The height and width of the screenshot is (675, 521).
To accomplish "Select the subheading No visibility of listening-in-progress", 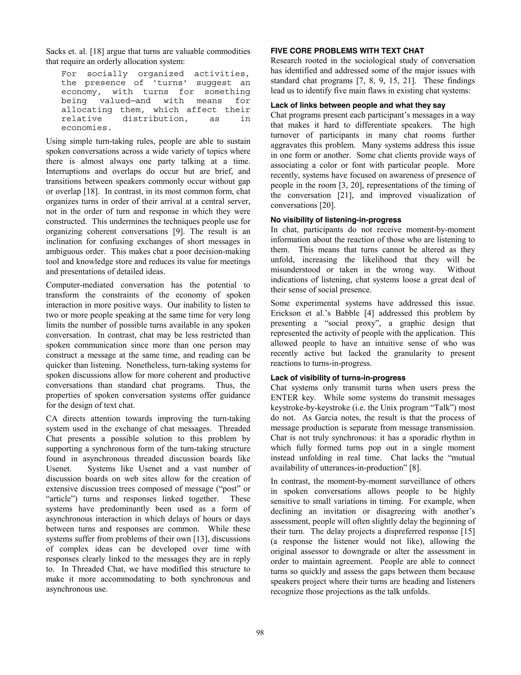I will point(336,220).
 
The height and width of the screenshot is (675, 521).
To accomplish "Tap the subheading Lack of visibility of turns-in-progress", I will point(338,378).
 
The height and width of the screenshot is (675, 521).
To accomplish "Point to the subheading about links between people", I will point(358,105).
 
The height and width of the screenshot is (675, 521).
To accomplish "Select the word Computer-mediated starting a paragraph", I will point(80,285).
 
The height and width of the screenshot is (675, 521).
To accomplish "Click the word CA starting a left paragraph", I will point(52,419).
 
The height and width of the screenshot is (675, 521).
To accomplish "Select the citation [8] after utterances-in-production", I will point(414,468).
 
